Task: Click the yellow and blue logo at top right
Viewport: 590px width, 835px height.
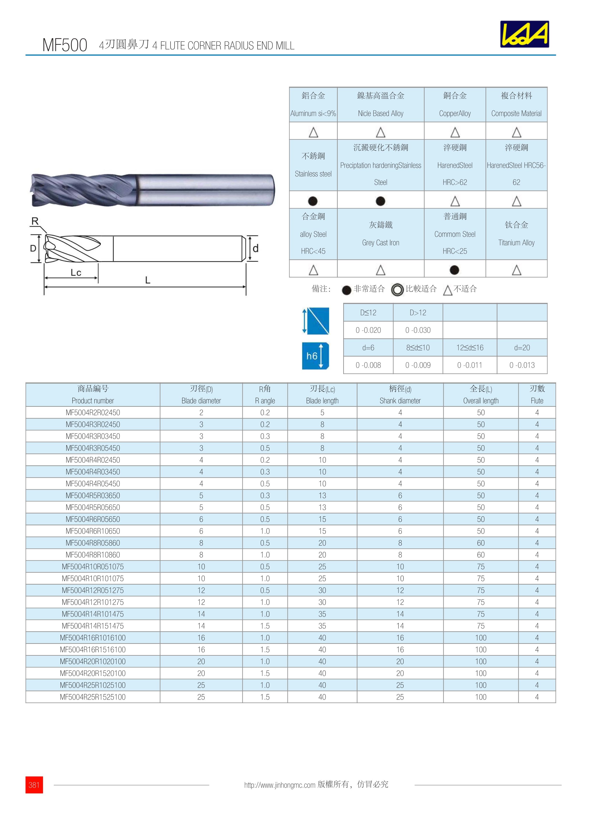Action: [x=524, y=34]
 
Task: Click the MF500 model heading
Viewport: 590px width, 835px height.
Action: [x=65, y=45]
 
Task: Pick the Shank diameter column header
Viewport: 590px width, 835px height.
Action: [x=400, y=400]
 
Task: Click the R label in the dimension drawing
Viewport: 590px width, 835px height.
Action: [x=35, y=221]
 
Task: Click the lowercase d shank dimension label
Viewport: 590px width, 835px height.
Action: [x=256, y=249]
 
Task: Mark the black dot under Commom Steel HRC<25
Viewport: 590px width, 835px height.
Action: [x=454, y=270]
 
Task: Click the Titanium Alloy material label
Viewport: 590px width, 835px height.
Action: [x=516, y=243]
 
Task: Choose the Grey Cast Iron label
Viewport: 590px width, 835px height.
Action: [x=380, y=243]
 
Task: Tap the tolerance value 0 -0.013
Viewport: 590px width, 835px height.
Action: [x=522, y=365]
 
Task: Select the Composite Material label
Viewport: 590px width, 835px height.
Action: [x=516, y=114]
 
